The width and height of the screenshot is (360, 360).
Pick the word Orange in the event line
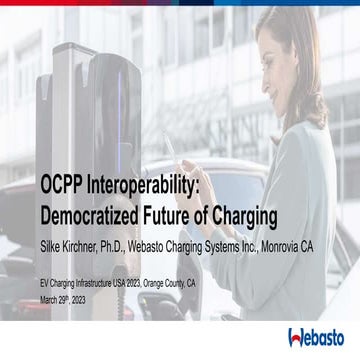179,283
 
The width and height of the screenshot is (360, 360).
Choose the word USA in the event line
134,283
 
